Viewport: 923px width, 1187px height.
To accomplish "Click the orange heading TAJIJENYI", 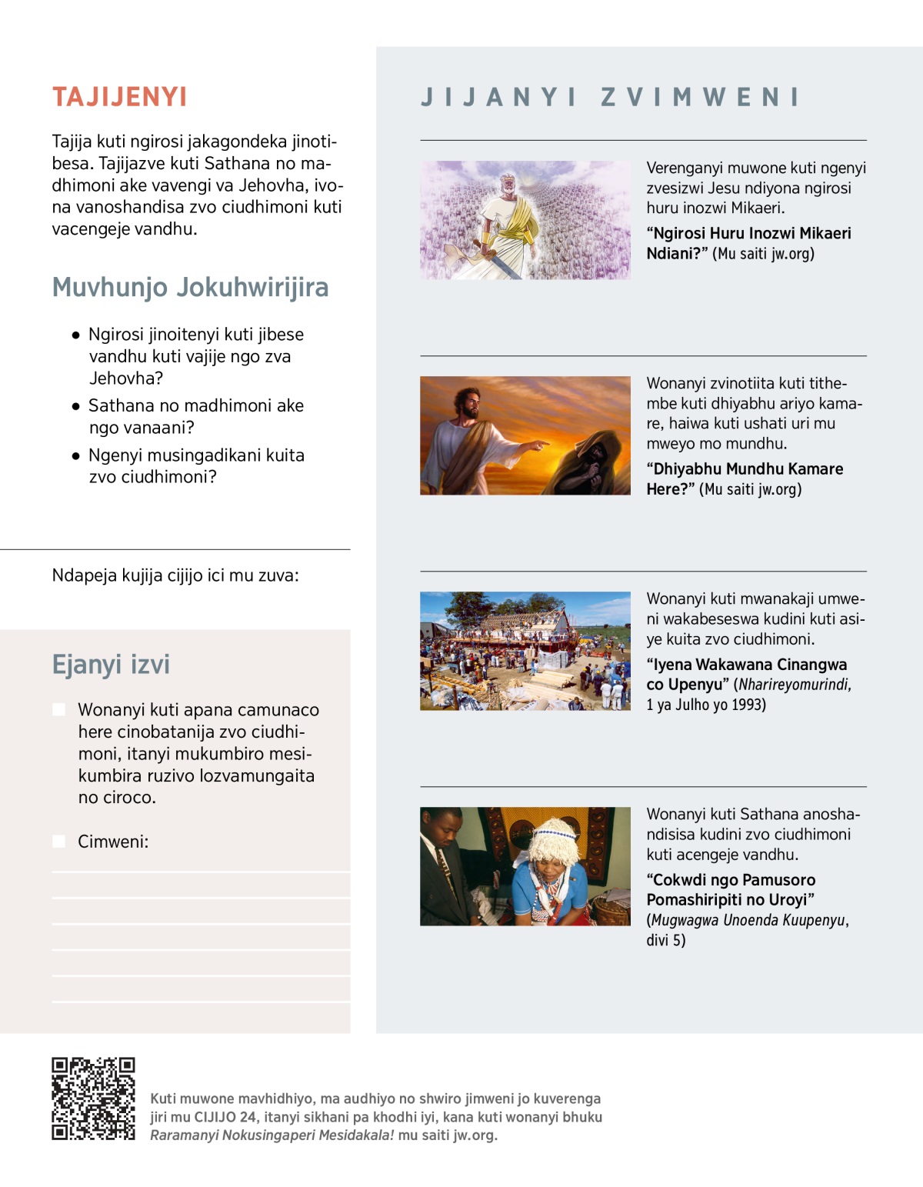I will (x=119, y=97).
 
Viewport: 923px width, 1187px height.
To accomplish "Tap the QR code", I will (x=93, y=1098).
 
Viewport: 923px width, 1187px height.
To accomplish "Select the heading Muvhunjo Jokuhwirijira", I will (x=190, y=287).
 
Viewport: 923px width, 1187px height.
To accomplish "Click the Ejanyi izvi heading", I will (x=111, y=664).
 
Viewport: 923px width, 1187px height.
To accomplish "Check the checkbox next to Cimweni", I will (x=58, y=841).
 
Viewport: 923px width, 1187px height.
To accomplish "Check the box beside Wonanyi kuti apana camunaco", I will (x=58, y=709).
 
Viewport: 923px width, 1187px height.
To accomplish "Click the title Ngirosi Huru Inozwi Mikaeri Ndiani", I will (x=748, y=243).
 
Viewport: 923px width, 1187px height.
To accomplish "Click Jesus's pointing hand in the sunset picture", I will (x=541, y=444).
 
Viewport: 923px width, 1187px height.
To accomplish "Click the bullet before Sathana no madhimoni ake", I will (x=75, y=406).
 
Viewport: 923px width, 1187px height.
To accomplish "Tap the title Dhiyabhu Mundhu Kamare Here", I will (x=745, y=478).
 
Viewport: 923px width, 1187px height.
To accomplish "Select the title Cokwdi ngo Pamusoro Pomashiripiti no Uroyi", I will (x=731, y=889).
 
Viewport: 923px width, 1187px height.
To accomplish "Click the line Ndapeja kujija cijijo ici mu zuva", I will (x=175, y=575).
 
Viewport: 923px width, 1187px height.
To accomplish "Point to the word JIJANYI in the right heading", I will (x=498, y=98).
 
